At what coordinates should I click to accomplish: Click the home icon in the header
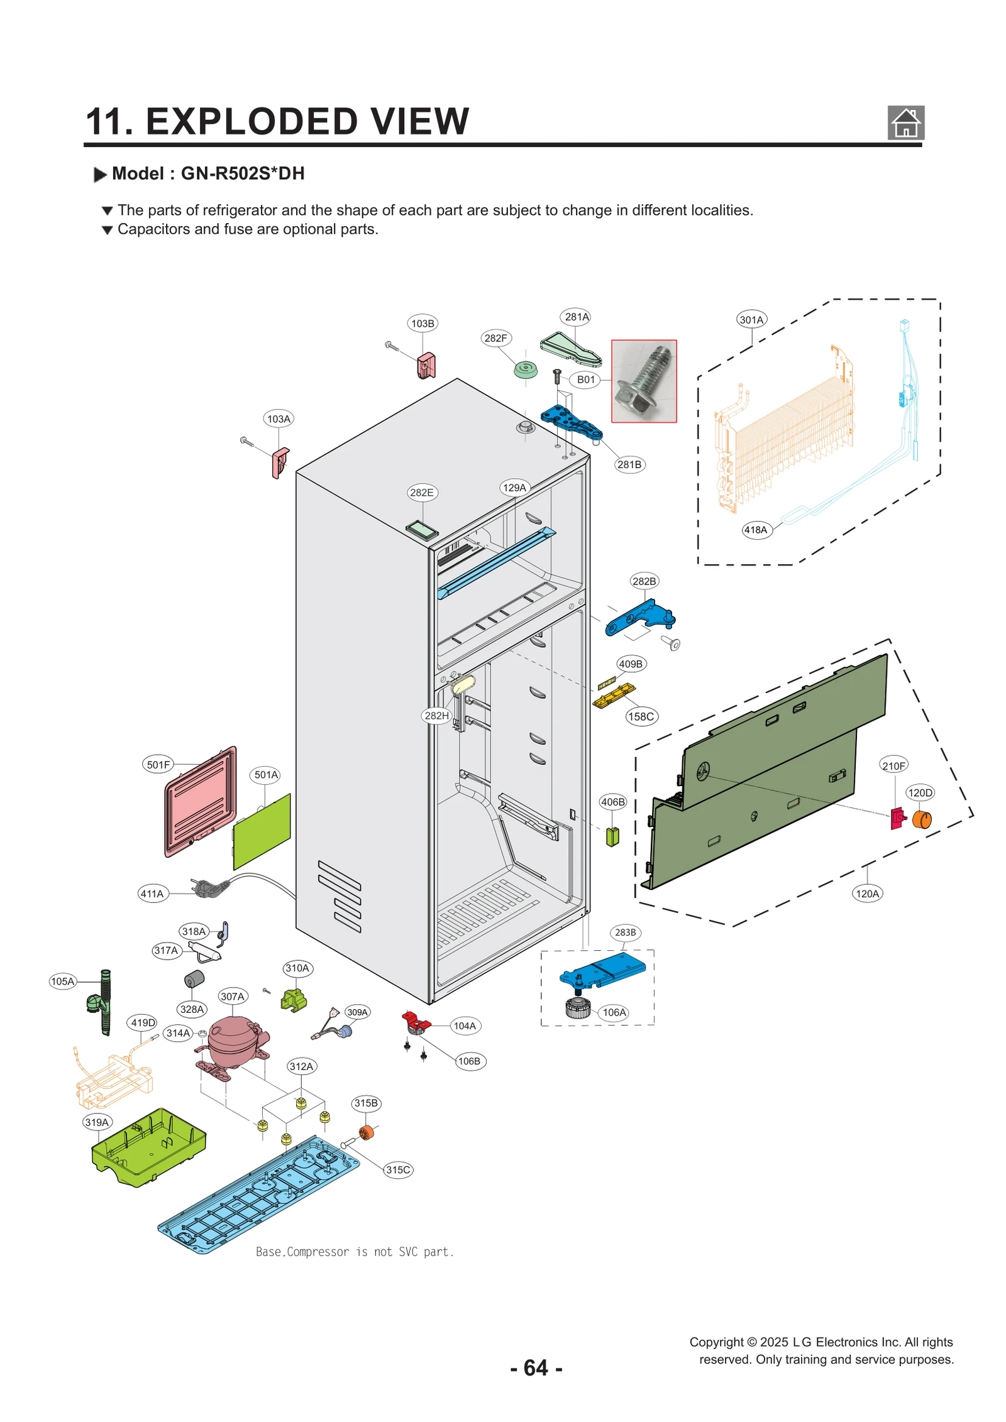click(x=905, y=123)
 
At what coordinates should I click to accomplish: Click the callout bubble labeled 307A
click(x=232, y=996)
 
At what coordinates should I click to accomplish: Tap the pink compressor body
click(x=231, y=1040)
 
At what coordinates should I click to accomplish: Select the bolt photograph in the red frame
click(x=644, y=381)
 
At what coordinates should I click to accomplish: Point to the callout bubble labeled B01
click(x=585, y=380)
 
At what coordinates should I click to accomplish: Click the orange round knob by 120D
click(x=921, y=819)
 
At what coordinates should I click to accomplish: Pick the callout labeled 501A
click(x=266, y=775)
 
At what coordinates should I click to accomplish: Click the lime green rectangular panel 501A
click(x=262, y=831)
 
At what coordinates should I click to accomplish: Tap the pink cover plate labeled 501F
click(x=200, y=801)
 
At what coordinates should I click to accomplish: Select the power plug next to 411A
click(x=211, y=887)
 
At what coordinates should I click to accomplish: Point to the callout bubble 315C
click(x=398, y=1169)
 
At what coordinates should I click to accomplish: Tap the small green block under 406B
click(x=612, y=836)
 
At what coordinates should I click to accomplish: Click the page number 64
click(x=536, y=1368)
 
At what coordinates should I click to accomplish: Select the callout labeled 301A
click(x=751, y=319)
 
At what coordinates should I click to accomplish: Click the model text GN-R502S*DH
click(x=243, y=173)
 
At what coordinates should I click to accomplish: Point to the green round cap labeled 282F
click(x=526, y=369)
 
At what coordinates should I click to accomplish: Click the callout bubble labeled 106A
click(x=614, y=1012)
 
